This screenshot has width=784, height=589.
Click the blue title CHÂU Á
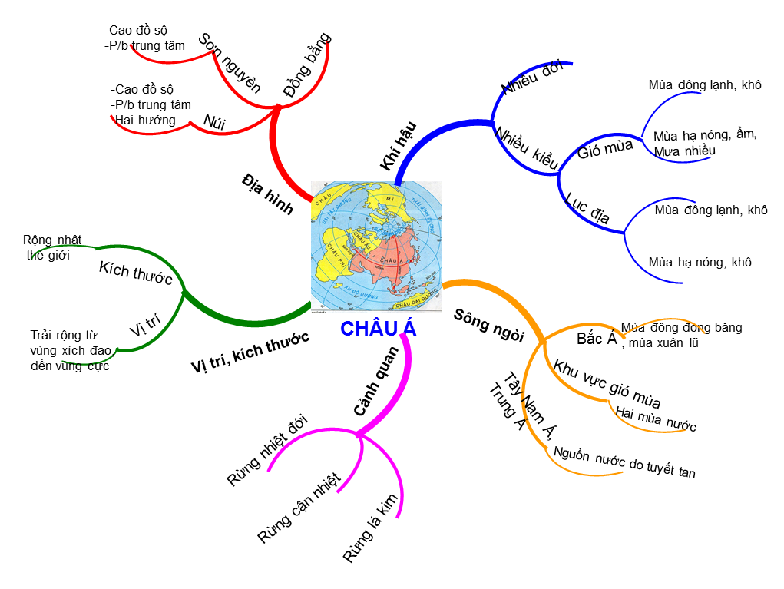tap(379, 329)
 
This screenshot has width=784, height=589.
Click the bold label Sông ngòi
tap(488, 325)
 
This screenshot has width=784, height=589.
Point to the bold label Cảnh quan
tap(376, 381)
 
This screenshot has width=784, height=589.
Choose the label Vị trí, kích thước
tap(250, 352)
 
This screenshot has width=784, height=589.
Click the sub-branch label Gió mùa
tap(605, 147)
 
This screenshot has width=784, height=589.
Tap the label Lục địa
tap(587, 210)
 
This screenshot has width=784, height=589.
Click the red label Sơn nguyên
tap(230, 63)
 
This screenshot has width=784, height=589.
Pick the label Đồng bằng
tap(306, 65)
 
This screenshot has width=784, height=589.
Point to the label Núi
tap(214, 120)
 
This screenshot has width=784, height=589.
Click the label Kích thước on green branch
tap(136, 273)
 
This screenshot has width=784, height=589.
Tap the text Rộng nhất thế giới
tap(52, 247)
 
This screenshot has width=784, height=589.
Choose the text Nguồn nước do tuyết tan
tap(624, 462)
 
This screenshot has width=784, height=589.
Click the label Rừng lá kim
tap(372, 528)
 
